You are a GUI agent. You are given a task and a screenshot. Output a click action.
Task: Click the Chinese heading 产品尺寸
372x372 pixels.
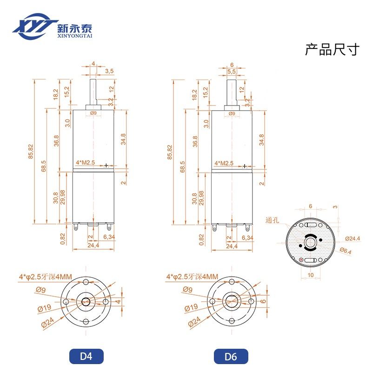332,50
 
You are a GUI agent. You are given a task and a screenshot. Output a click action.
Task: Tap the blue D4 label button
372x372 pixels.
86,357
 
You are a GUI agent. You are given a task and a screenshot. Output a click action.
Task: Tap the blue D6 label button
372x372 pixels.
231,357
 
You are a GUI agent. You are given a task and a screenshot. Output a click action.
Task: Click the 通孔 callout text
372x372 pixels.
273,221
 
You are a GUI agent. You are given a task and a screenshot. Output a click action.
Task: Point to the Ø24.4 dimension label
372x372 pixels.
352,239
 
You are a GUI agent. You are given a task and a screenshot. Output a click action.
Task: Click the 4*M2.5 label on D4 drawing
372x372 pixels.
86,163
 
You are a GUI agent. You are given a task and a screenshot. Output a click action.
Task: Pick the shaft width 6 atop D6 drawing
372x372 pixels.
231,64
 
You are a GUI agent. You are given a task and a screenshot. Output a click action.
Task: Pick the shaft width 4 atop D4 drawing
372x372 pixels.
93,63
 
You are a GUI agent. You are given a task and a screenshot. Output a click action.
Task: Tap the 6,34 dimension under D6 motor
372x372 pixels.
248,237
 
